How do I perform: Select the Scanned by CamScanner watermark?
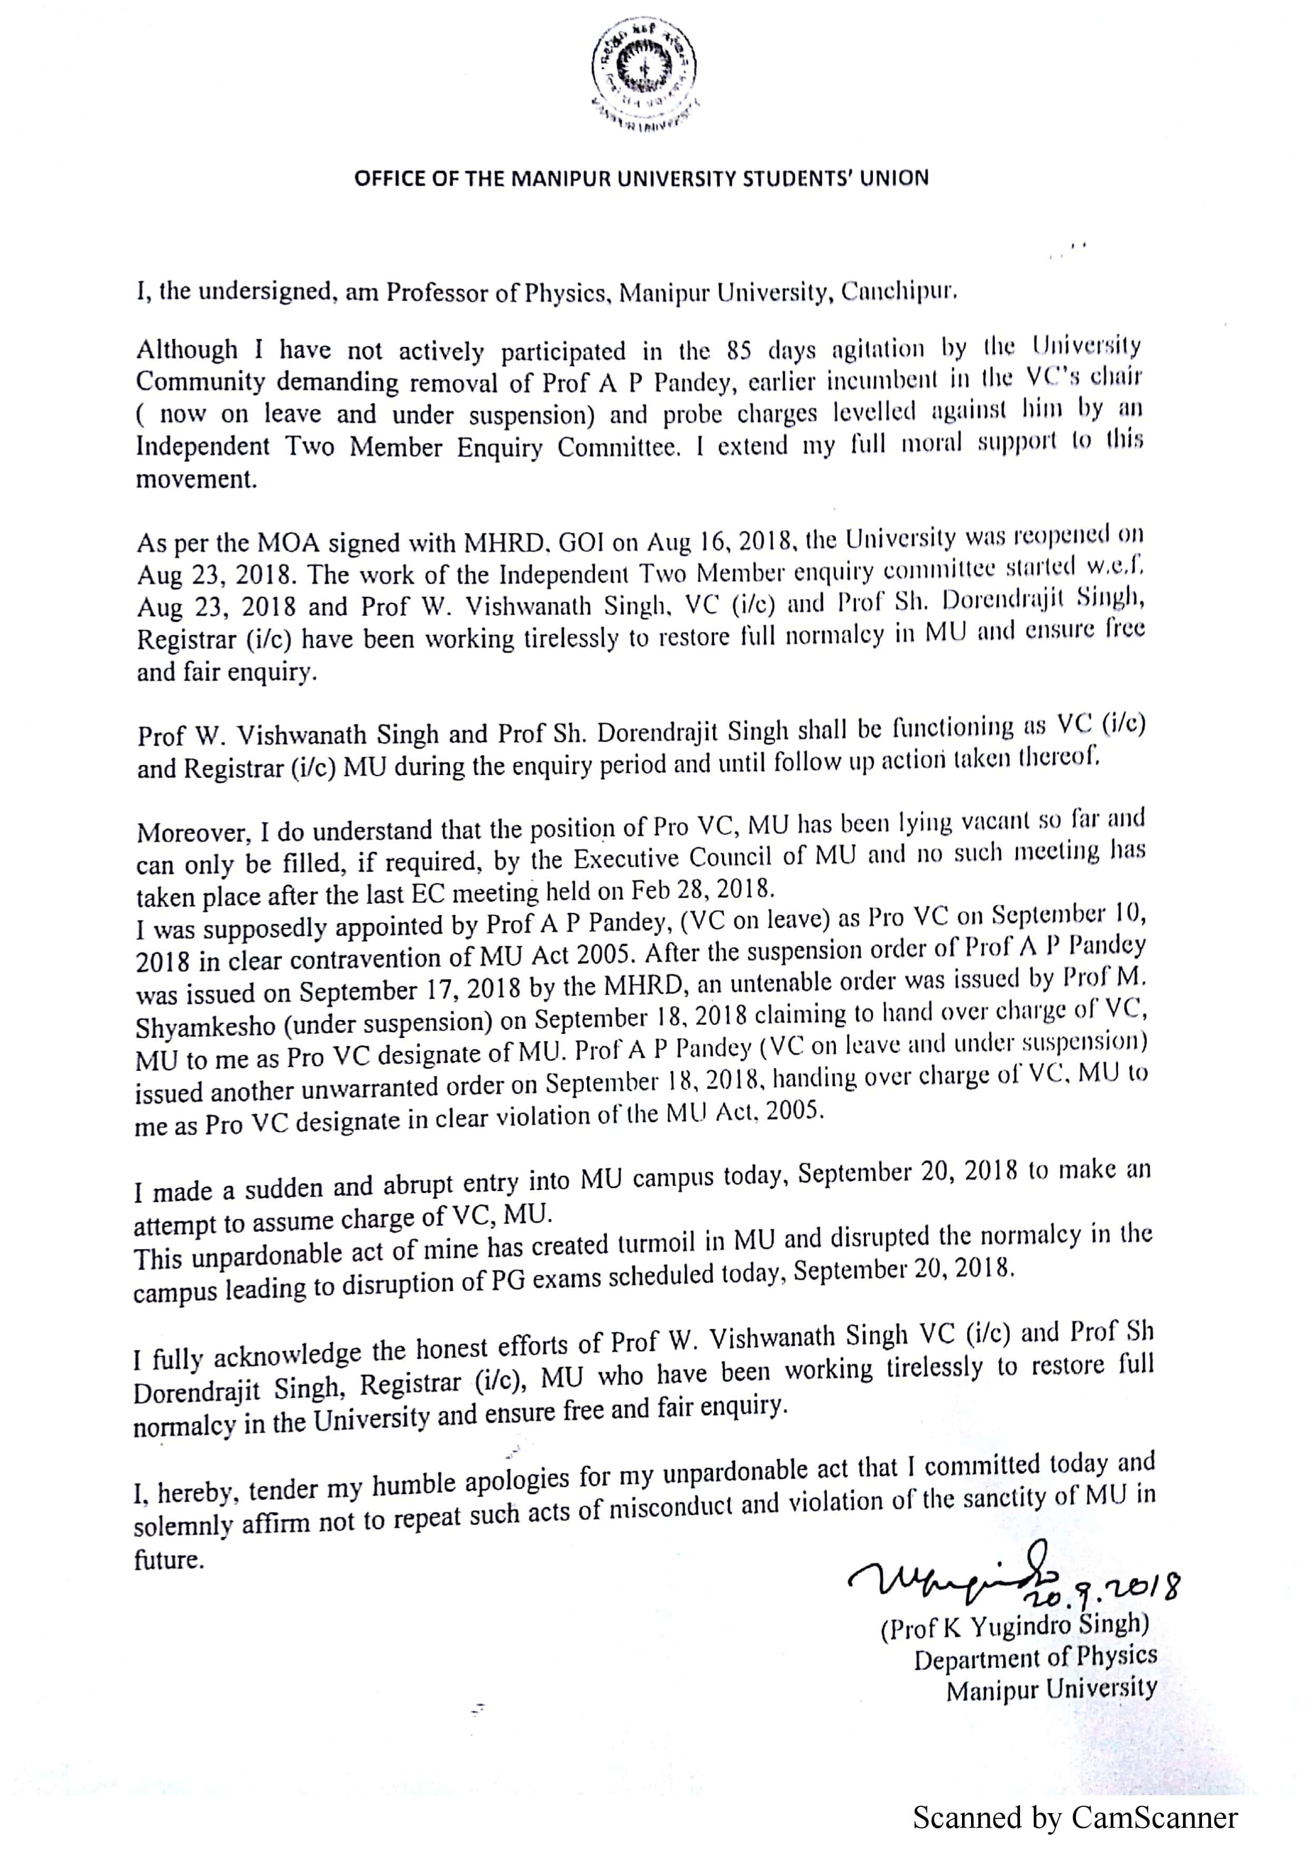1075,1818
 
